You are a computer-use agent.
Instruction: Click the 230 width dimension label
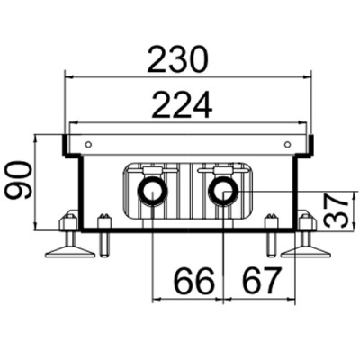point(177,60)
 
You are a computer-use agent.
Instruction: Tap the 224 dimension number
point(182,105)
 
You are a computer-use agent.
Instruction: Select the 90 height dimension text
point(20,180)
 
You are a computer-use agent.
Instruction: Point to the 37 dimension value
point(337,211)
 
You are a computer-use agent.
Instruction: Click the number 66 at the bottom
point(195,281)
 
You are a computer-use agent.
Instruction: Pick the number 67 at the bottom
point(262,281)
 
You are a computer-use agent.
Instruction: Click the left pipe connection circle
point(153,193)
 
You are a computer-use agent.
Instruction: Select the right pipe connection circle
point(224,193)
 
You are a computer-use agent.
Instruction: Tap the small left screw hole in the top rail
point(88,145)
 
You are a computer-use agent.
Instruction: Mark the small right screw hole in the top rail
point(287,145)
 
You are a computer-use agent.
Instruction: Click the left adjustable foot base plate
point(70,252)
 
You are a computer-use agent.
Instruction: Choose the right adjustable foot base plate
point(306,252)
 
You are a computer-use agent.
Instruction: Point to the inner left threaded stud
point(104,236)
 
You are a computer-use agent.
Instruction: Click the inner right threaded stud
point(271,236)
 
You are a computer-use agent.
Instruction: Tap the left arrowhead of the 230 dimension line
point(69,77)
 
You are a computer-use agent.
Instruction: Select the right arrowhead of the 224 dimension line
point(302,122)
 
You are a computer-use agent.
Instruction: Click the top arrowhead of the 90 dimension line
point(36,139)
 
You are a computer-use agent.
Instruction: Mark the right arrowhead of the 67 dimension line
point(291,299)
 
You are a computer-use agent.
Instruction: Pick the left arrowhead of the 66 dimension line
point(157,299)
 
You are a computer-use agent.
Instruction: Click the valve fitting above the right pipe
point(222,171)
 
